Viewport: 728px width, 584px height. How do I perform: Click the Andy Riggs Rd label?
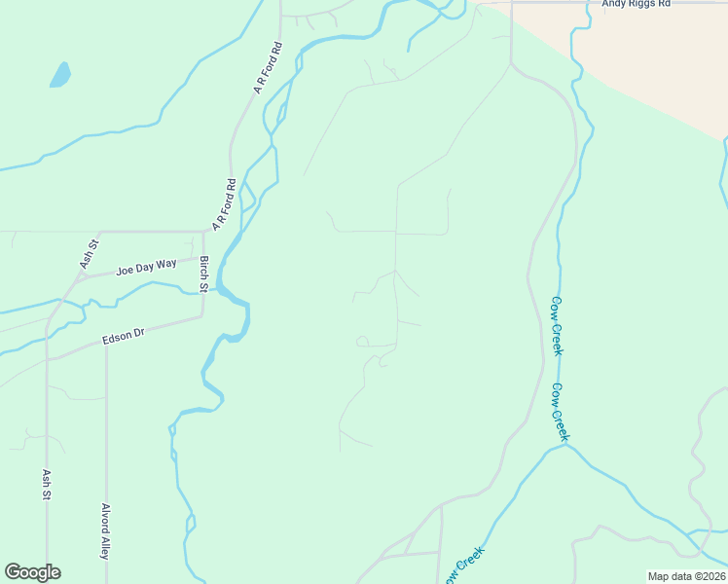637,4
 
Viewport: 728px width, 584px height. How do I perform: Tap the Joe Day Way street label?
146,266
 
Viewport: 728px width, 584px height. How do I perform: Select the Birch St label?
204,274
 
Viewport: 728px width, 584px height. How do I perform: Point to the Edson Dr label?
123,337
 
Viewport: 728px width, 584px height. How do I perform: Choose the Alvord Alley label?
105,530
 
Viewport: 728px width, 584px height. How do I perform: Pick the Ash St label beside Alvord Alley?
46,484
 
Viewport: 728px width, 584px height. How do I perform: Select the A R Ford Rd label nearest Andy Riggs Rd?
268,67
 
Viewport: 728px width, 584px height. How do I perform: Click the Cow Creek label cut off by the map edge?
465,566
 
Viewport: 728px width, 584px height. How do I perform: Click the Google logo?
32,572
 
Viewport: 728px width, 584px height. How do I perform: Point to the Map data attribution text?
686,576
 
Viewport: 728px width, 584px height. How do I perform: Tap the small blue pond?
60,74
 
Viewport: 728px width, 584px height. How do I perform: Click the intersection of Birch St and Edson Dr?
202,316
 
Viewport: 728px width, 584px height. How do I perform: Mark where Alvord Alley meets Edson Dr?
106,344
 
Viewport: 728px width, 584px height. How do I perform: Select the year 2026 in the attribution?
710,576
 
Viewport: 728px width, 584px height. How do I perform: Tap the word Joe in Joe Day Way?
124,270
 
